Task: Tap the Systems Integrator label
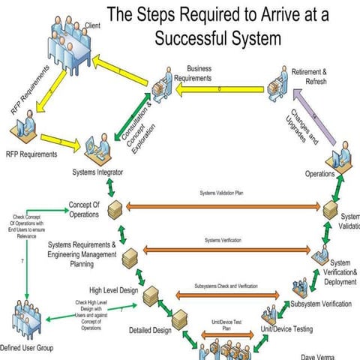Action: pyautogui.click(x=98, y=172)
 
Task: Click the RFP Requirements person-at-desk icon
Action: pyautogui.click(x=25, y=127)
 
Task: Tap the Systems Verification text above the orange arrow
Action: pyautogui.click(x=222, y=240)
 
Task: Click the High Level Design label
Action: pyautogui.click(x=115, y=290)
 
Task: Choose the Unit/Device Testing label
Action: pyautogui.click(x=286, y=328)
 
